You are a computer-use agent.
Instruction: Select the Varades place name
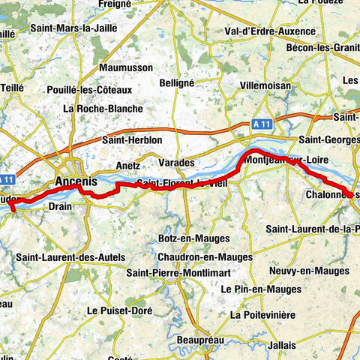tap(176, 162)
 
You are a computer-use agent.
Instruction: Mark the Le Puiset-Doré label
tap(119, 310)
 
